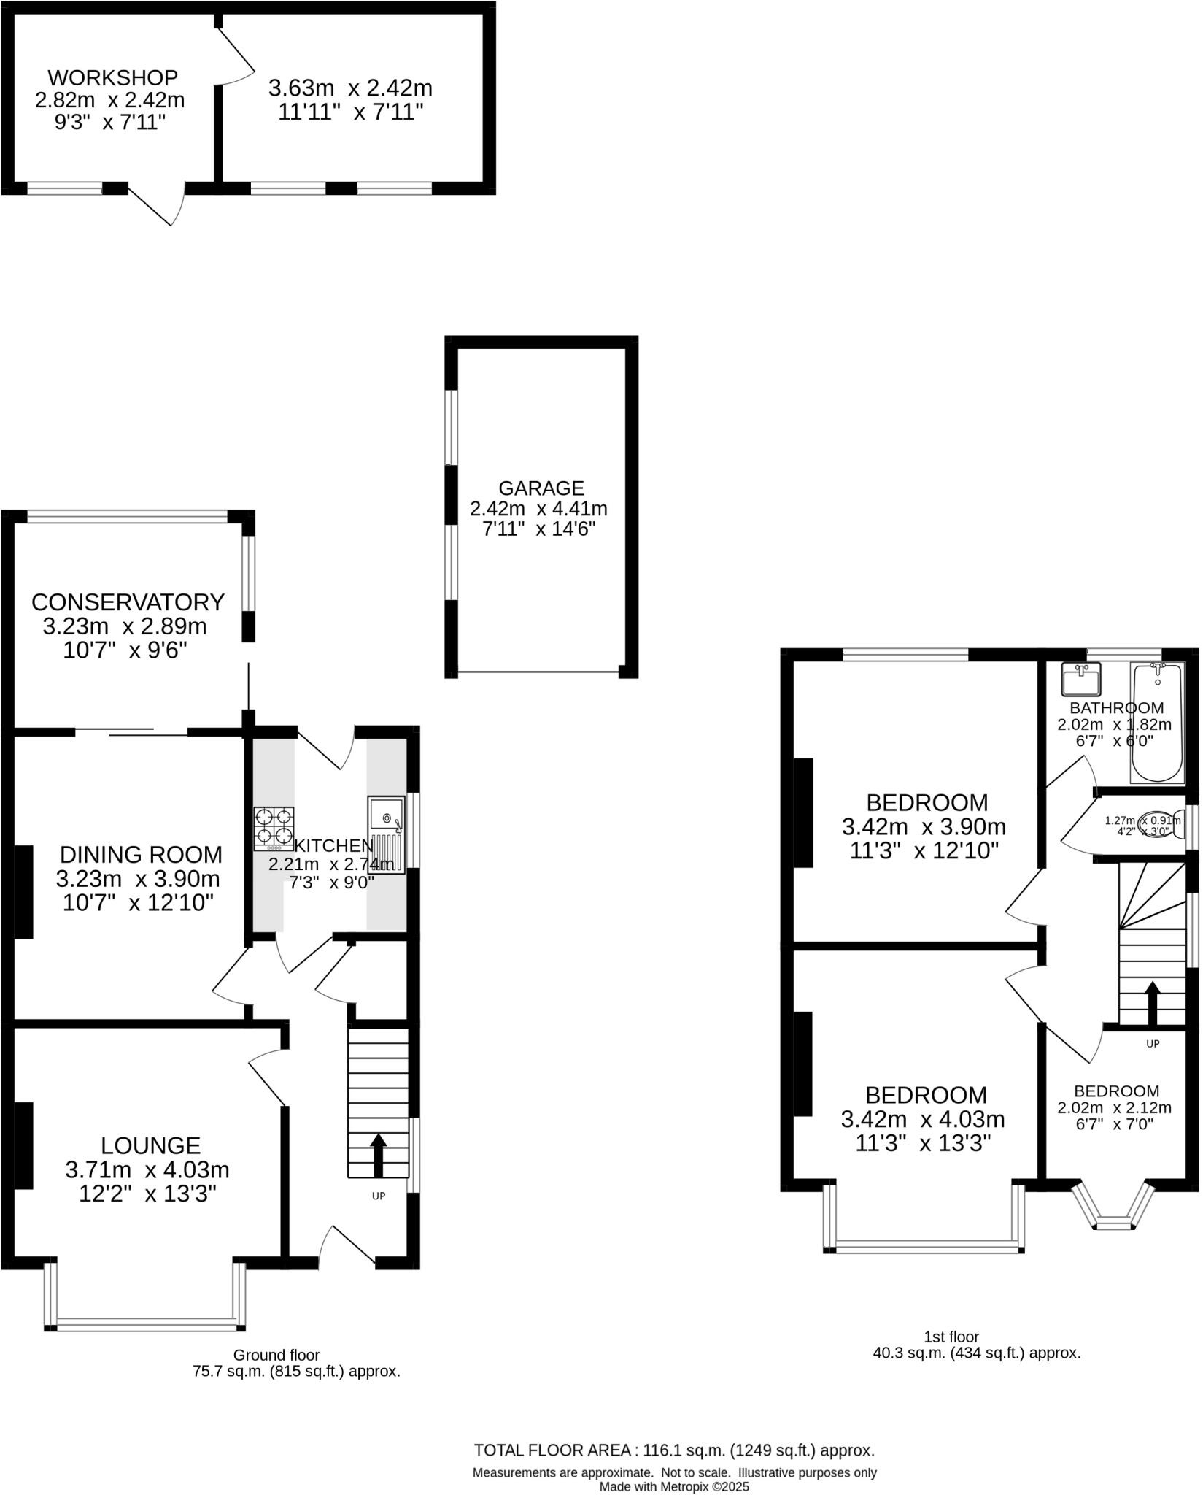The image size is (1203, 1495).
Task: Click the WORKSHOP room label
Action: click(113, 77)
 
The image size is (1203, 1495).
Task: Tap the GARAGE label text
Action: click(541, 488)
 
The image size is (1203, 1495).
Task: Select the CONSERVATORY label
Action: click(128, 602)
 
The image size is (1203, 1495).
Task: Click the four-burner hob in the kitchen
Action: click(274, 829)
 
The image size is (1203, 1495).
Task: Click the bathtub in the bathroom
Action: click(1156, 723)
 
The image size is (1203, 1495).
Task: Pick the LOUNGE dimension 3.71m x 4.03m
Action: click(147, 1170)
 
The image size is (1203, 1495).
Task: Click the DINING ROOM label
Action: click(141, 854)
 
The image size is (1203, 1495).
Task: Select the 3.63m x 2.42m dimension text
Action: click(350, 88)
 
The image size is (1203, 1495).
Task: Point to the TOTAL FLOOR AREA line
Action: click(674, 1450)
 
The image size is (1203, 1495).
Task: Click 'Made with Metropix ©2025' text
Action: click(674, 1486)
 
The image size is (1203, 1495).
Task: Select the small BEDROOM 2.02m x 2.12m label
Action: click(1116, 1091)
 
